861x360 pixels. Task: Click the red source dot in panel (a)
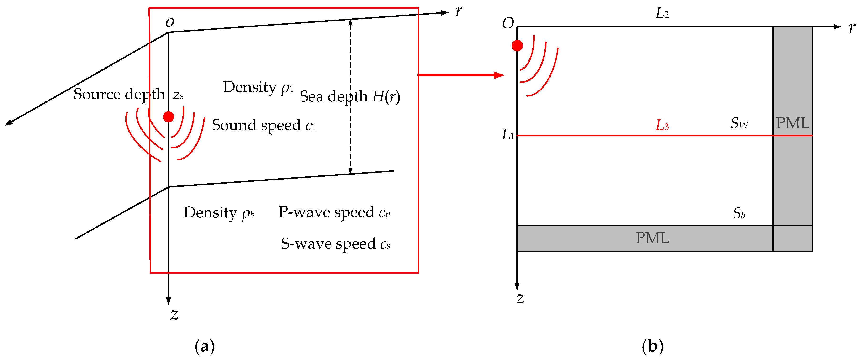point(169,117)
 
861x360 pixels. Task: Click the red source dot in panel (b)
point(517,45)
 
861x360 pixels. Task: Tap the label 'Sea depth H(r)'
point(350,97)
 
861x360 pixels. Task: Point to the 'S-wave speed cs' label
point(335,244)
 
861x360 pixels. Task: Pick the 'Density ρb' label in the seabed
point(219,213)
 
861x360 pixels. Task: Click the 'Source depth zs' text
point(128,94)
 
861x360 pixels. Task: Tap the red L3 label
point(662,125)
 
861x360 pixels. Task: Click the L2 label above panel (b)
point(662,13)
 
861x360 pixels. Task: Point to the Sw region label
point(739,123)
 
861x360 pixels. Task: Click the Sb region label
point(739,213)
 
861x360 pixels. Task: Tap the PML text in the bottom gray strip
point(652,238)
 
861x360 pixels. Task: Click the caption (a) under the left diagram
point(205,346)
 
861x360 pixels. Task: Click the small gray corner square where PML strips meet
point(792,238)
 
